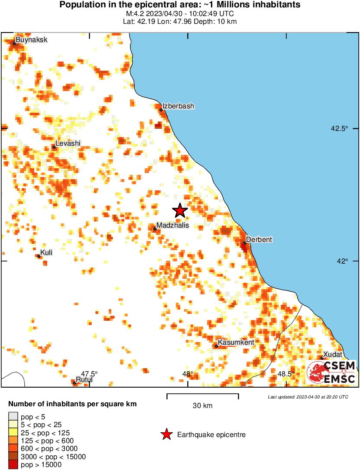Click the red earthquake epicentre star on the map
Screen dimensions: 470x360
[180, 211]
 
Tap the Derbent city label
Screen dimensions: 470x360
[259, 239]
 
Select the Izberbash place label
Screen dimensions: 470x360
[178, 106]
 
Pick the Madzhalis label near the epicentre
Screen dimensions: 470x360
[172, 225]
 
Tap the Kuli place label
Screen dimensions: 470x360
[46, 252]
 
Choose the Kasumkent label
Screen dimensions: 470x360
[236, 343]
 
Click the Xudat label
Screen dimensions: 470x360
[333, 354]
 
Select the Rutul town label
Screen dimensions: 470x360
[84, 380]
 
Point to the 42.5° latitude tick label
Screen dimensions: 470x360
[340, 128]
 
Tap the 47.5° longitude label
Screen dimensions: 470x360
[89, 373]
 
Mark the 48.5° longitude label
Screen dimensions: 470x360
[286, 373]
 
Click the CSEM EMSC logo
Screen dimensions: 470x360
[331, 372]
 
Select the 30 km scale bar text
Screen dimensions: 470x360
[202, 406]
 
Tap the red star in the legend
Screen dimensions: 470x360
[166, 434]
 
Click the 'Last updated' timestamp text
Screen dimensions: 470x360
[308, 397]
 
